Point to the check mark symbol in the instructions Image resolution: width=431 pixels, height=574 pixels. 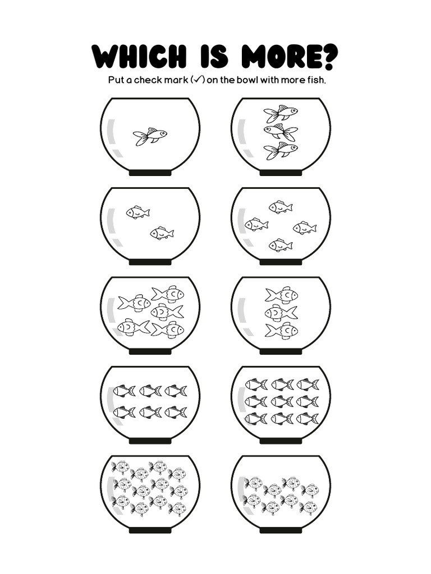pos(197,80)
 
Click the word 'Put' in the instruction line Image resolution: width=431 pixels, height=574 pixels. pos(116,80)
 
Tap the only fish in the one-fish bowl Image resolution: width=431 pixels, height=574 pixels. pos(150,136)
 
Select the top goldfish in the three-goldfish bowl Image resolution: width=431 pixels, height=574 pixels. pos(281,114)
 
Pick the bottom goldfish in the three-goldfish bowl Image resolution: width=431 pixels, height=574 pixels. pos(281,150)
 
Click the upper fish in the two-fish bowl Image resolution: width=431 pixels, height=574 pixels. pos(138,212)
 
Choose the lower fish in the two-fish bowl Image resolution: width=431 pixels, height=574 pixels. pos(162,233)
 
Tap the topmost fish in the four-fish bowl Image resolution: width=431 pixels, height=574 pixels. pos(281,207)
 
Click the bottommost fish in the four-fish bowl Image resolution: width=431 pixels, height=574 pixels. pos(281,245)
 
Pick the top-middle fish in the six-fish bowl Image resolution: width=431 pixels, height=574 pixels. pos(150,391)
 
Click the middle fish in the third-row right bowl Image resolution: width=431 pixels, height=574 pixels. pos(281,312)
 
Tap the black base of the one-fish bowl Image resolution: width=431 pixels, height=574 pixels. pos(150,173)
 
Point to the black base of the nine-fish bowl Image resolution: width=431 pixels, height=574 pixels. pos(281,441)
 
